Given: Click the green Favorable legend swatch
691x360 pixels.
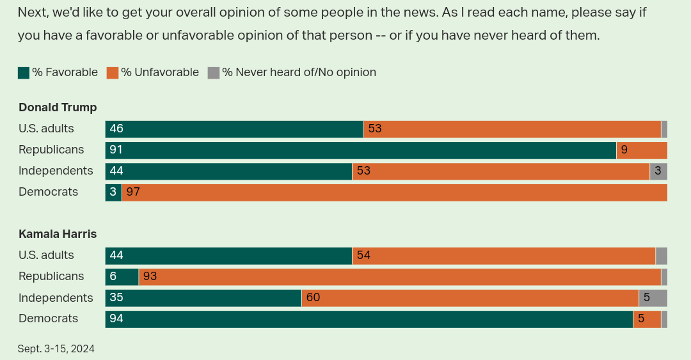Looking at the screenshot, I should [x=24, y=73].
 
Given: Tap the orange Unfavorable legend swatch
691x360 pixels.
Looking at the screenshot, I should [x=113, y=73].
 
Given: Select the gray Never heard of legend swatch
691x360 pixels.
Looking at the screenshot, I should [x=214, y=73].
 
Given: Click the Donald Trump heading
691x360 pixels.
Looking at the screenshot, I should [x=58, y=107].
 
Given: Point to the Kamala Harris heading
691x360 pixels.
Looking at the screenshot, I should [x=58, y=234].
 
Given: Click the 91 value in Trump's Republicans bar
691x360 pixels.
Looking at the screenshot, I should [x=116, y=150].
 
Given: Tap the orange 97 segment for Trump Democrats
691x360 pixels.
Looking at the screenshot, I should [x=394, y=192].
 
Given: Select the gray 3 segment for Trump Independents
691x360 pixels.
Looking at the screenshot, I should [x=658, y=171].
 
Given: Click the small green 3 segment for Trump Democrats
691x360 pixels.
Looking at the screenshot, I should [x=113, y=192].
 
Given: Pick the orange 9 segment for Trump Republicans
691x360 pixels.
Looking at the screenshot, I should [x=642, y=150].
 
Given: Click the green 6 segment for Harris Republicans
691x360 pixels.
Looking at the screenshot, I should [x=122, y=277].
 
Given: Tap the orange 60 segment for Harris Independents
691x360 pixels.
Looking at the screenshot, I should [x=470, y=298].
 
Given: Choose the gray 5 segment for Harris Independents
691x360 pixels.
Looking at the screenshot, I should [x=653, y=298].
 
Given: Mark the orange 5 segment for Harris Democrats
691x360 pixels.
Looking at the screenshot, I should [x=647, y=319].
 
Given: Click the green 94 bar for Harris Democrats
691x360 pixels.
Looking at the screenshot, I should [x=369, y=319].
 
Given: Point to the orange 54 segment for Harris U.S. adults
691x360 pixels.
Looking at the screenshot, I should [x=504, y=256].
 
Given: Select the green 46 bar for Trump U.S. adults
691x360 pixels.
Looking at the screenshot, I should [x=234, y=129].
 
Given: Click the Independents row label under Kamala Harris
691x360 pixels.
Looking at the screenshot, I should [x=56, y=298].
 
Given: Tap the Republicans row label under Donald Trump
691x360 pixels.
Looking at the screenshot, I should [x=51, y=150].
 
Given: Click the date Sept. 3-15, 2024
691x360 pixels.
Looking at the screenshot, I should [x=56, y=349].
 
